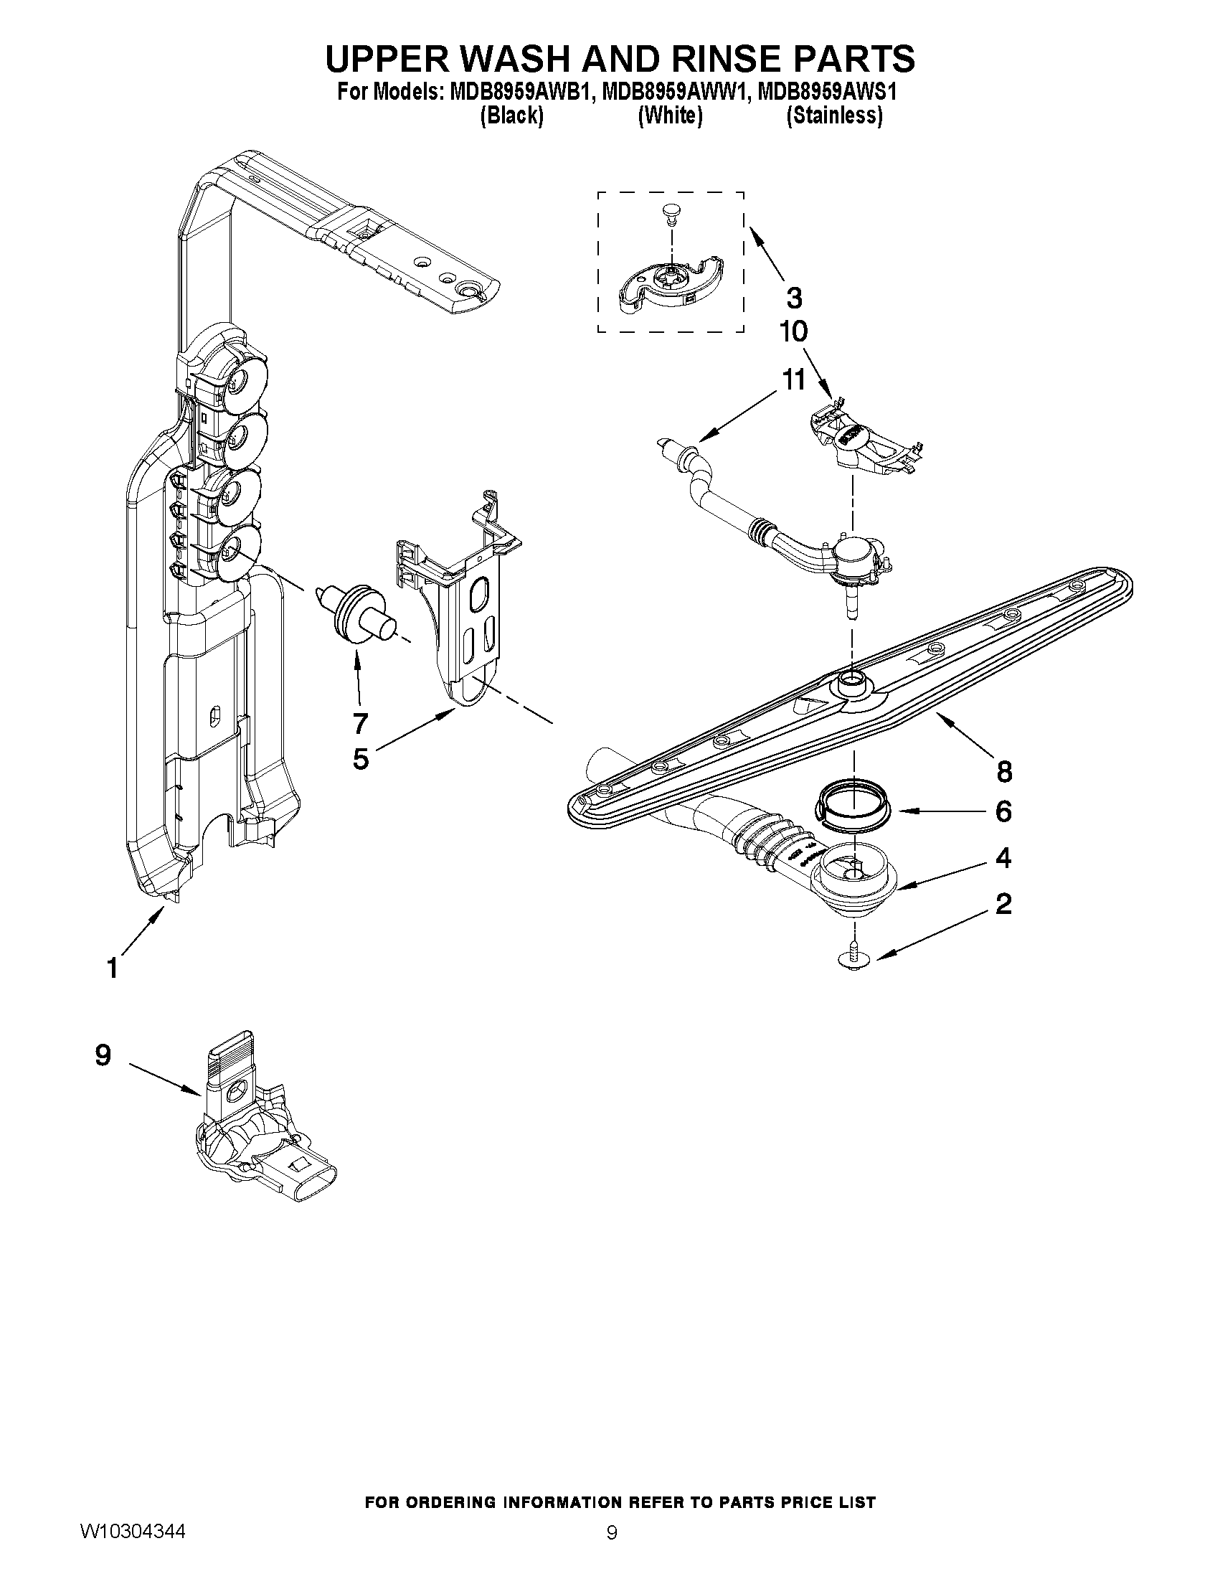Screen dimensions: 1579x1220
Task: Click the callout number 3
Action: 793,297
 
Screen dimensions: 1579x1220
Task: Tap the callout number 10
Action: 793,332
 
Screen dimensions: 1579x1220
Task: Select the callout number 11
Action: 793,380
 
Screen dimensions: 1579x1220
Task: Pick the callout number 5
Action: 360,758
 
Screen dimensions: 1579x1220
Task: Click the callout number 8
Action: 1004,771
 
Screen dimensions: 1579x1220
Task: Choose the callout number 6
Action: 1003,811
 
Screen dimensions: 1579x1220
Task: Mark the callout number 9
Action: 103,1055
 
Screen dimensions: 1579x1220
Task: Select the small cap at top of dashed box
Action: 671,212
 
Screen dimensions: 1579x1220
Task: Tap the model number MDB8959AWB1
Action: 516,93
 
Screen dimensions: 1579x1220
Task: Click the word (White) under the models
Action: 670,115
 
